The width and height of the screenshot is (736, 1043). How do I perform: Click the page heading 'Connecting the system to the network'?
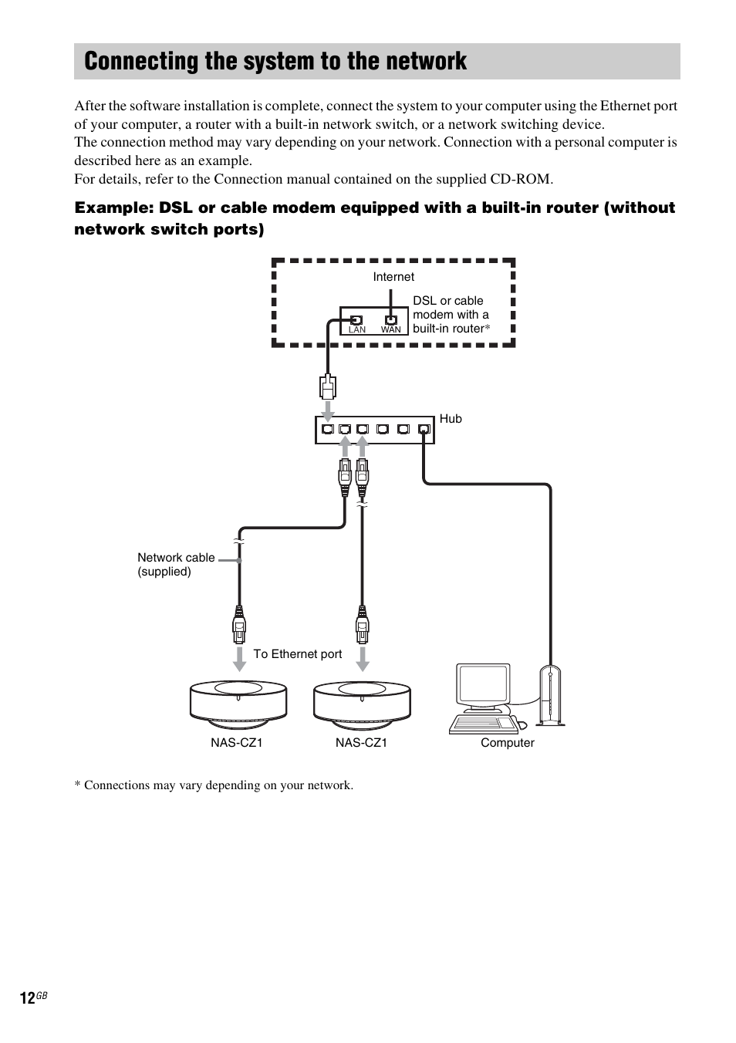tap(275, 62)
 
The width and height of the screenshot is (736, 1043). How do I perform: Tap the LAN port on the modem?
tap(356, 319)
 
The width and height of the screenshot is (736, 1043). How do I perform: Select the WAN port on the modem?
tap(391, 319)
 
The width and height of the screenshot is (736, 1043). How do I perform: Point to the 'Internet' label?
tap(393, 277)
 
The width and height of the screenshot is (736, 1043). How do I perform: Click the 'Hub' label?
tap(451, 419)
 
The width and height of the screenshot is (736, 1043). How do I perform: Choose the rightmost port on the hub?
tap(424, 429)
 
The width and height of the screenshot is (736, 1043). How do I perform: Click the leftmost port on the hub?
tap(328, 429)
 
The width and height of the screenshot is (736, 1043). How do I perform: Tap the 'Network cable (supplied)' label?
tap(176, 565)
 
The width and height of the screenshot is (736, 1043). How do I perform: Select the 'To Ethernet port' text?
tap(297, 654)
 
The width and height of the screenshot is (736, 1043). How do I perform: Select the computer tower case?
tap(550, 695)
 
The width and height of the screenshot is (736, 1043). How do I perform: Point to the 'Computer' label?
tap(507, 743)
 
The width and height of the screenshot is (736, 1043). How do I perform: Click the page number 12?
tap(27, 998)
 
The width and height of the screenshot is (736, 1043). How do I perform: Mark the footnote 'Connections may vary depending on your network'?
tap(214, 785)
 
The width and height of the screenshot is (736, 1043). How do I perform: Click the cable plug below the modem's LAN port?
tap(328, 386)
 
